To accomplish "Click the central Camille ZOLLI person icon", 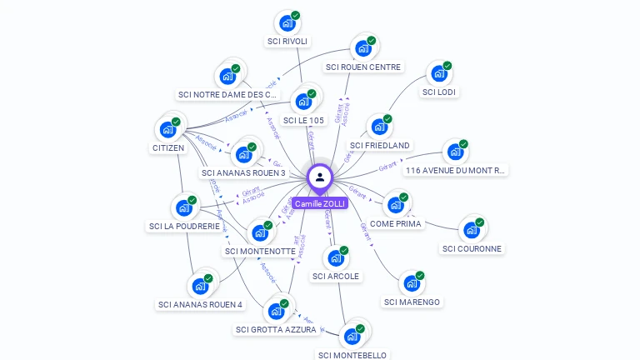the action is pos(320,177).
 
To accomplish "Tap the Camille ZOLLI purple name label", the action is pos(320,203).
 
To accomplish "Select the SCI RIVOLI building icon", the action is pos(287,23).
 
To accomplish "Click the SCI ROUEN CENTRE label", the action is pos(363,67).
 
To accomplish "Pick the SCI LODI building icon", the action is pos(439,74).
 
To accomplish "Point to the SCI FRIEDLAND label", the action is pos(380,146).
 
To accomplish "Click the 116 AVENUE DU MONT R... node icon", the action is pos(455,152).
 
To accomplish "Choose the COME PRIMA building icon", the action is pos(396,205).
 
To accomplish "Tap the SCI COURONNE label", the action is pos(472,248).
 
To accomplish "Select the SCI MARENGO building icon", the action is pos(412,284).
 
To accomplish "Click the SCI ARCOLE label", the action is pos(336,276).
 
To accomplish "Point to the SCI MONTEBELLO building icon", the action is pos(352,337).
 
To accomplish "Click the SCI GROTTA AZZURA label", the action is pos(276,329).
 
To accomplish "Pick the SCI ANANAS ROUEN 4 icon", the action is pos(200,287).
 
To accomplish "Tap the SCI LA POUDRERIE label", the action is pos(184,226).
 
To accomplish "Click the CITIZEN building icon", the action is pos(167,130).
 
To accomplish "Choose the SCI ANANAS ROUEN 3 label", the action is pos(243,173).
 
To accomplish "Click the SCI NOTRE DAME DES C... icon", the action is pos(227,77).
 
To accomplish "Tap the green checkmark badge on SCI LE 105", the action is pos(312,93).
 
